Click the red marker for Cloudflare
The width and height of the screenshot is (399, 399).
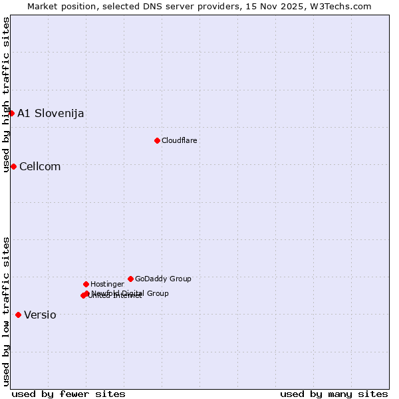(x=157, y=140)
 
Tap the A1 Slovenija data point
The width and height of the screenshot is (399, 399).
(x=11, y=113)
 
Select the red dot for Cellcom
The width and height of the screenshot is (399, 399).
(x=13, y=166)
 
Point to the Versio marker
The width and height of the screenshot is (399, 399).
(x=18, y=315)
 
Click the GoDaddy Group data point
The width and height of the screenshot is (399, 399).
(x=130, y=279)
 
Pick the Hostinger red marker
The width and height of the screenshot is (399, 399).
(x=86, y=284)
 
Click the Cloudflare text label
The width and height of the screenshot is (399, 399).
(x=180, y=140)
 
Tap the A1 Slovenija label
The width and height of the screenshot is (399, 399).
(x=51, y=113)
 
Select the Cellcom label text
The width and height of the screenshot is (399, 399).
(x=40, y=167)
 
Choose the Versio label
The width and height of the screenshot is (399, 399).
(x=40, y=315)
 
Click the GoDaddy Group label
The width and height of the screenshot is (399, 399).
(x=163, y=279)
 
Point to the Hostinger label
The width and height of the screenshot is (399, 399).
(x=108, y=284)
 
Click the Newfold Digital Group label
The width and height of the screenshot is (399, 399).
(x=130, y=293)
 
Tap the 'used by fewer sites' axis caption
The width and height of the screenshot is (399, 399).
(x=68, y=394)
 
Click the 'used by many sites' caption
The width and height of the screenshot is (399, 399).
(x=334, y=394)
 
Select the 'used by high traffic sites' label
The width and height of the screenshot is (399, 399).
(x=6, y=95)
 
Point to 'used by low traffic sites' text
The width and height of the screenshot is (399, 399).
(x=6, y=311)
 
